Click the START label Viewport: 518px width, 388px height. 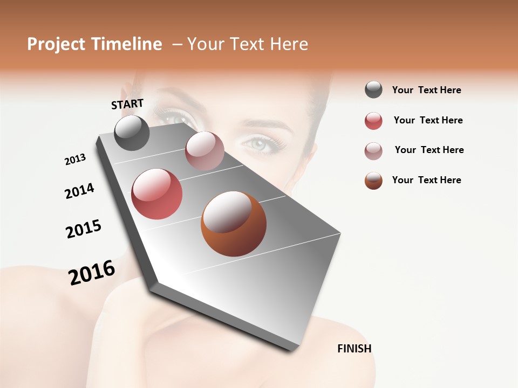[127, 104]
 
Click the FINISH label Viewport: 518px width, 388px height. [354, 349]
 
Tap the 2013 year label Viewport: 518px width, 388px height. [75, 159]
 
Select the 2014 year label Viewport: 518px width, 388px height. [79, 191]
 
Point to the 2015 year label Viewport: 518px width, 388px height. [84, 229]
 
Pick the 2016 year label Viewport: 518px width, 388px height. [92, 272]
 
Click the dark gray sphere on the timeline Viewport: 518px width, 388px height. [132, 133]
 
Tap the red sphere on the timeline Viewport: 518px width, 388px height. [157, 194]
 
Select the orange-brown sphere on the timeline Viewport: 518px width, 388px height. [234, 224]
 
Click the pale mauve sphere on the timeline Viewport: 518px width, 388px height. [205, 151]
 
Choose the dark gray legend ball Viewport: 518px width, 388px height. [373, 90]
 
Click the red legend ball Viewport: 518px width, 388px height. [373, 121]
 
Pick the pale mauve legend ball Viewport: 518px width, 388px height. [373, 151]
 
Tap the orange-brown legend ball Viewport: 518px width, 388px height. [373, 181]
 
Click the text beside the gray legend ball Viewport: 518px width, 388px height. [426, 90]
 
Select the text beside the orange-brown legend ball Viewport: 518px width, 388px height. [426, 180]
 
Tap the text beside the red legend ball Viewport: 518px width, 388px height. [428, 120]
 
